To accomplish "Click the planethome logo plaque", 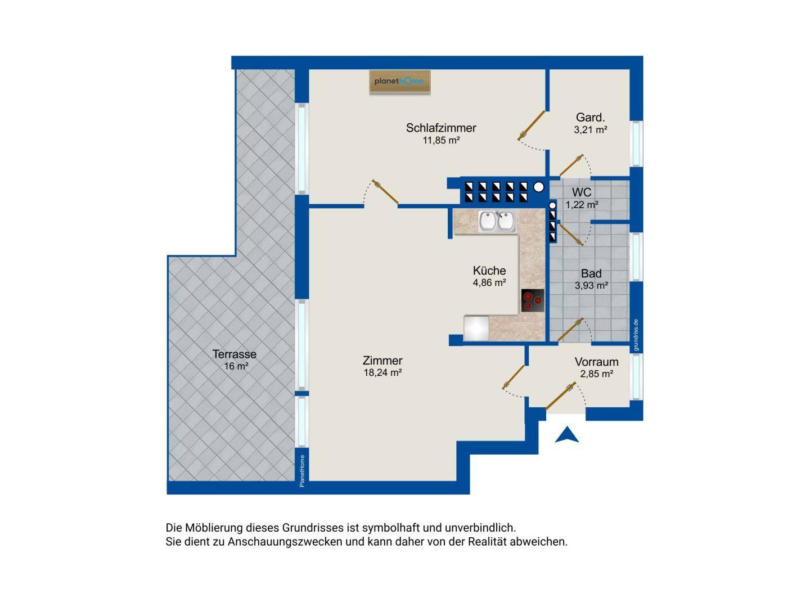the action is click(399, 81).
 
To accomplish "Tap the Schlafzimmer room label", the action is click(441, 128).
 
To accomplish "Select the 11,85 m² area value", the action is click(441, 140).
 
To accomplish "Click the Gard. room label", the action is click(591, 118).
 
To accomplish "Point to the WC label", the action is click(582, 192).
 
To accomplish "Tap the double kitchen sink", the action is click(497, 222).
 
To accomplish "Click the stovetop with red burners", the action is click(533, 300).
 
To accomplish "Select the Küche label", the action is click(489, 271).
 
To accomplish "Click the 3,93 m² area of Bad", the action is click(591, 285).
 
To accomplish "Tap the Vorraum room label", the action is click(596, 362).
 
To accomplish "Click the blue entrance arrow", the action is click(567, 435).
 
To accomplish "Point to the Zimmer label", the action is click(382, 361).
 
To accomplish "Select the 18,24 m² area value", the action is click(382, 372).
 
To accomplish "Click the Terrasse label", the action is click(235, 354).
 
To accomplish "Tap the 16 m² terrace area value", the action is click(236, 366).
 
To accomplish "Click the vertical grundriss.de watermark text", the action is click(636, 335).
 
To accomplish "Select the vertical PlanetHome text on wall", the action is click(302, 471).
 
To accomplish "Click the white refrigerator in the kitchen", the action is click(476, 329).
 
